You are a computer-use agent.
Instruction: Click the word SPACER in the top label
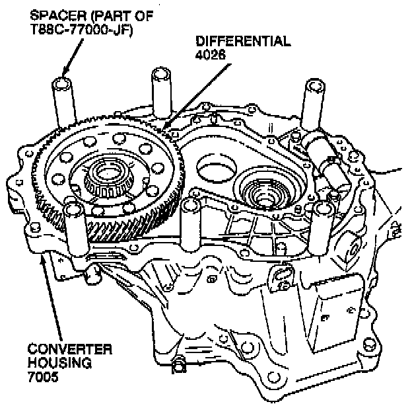tap(58, 16)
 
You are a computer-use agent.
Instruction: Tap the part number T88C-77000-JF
tap(82, 29)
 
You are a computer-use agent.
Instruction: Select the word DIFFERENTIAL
tap(244, 41)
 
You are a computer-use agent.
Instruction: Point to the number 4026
tap(211, 55)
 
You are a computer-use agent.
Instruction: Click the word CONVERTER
tap(70, 350)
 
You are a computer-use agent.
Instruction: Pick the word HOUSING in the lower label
tap(59, 363)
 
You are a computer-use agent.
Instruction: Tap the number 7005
tap(42, 376)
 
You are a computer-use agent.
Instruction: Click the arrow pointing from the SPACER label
tap(73, 58)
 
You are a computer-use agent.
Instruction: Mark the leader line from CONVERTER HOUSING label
tap(51, 296)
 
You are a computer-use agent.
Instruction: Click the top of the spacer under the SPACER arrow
tap(62, 84)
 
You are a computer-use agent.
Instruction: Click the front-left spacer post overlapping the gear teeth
tap(76, 229)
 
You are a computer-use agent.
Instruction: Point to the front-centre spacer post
tap(191, 225)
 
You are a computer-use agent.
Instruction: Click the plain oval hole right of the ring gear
tap(217, 168)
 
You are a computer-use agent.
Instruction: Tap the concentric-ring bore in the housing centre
tap(267, 190)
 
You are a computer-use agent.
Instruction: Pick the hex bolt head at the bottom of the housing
tap(179, 365)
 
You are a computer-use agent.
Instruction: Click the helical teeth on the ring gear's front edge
tap(123, 226)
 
